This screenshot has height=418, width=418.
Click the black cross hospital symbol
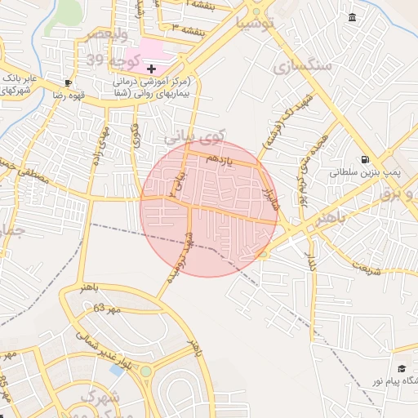point(151,69)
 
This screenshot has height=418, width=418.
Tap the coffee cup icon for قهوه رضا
point(68,82)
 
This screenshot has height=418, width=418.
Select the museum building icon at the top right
point(352,18)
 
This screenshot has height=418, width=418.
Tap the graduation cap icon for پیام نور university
point(401,369)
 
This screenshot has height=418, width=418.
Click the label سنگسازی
point(304,65)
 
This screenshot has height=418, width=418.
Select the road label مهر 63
point(106,309)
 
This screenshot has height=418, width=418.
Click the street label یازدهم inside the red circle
point(219,160)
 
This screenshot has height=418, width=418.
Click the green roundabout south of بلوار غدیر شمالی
point(146,372)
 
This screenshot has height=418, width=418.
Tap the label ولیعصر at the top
point(111,35)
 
